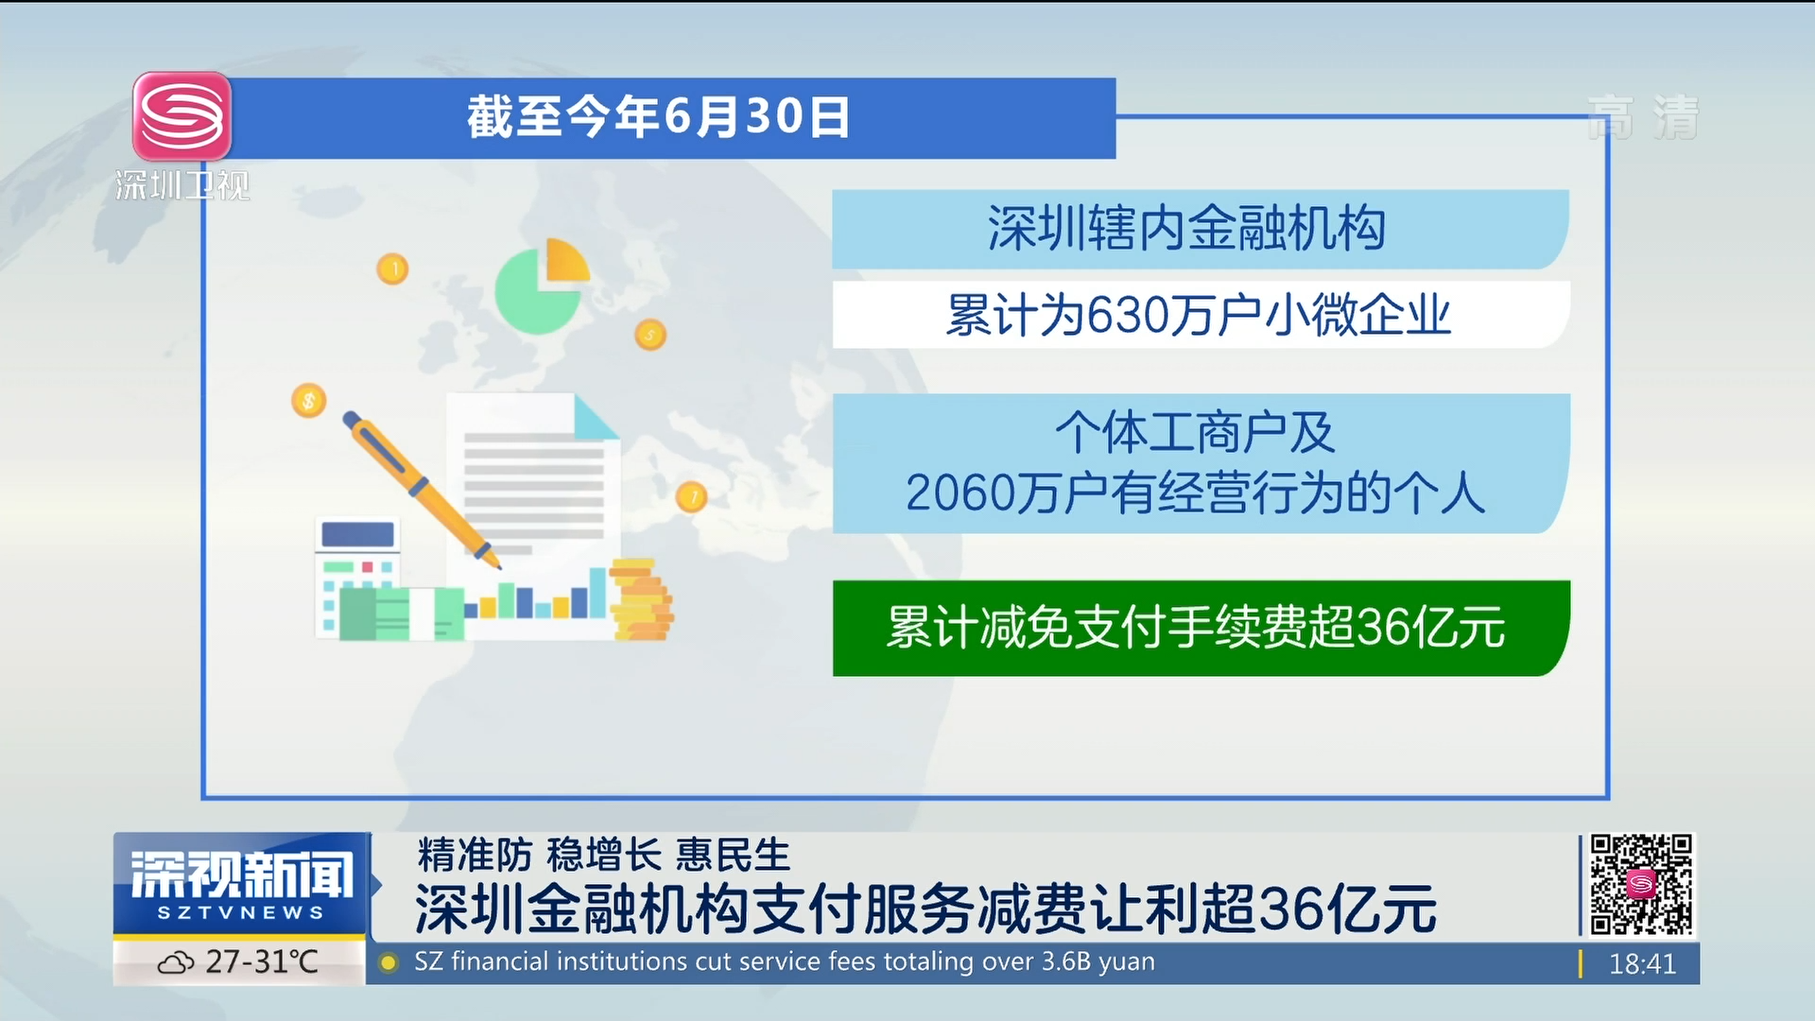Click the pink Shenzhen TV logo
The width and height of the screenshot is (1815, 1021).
coord(181,116)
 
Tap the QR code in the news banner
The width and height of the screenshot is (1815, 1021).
coord(1641,885)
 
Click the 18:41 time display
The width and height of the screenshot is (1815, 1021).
coord(1642,963)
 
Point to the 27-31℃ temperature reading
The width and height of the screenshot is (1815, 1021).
coord(262,961)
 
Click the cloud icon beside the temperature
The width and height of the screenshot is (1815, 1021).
coord(176,963)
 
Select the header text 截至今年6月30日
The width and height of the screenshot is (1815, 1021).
coord(658,117)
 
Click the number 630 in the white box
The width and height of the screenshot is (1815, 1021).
coord(1128,315)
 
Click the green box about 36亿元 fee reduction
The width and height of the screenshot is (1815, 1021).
coord(1201,628)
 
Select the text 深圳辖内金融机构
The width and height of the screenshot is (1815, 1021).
coord(1186,229)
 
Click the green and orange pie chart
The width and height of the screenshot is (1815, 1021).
coord(542,285)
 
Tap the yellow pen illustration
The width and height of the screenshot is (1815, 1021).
coord(422,490)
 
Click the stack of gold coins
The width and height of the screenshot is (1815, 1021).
coord(641,599)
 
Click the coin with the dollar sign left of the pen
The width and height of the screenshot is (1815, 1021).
coord(308,401)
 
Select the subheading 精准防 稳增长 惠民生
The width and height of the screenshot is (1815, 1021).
coord(603,855)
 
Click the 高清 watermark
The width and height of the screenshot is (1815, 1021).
coord(1643,117)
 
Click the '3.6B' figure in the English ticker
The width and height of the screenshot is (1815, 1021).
coord(1066,961)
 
